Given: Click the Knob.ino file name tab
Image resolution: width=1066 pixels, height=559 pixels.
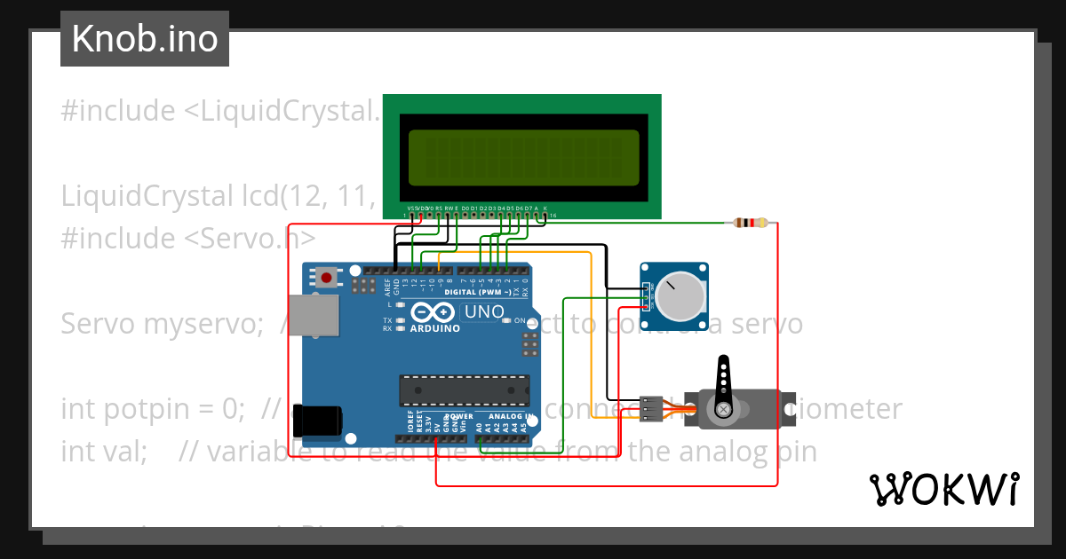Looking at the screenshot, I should [144, 39].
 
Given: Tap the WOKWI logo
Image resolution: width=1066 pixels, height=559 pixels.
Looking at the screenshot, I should [943, 489].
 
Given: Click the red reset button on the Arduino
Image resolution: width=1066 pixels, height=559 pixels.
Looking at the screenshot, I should [327, 278].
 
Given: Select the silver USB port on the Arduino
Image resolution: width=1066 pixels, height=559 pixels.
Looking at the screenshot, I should [317, 316].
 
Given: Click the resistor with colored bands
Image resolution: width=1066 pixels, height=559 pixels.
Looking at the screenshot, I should [752, 224].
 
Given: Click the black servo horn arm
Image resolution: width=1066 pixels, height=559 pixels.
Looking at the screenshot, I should [724, 382].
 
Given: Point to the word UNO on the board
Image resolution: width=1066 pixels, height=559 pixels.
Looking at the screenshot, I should [485, 312].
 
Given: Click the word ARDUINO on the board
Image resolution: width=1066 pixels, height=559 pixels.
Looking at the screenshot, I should [435, 328].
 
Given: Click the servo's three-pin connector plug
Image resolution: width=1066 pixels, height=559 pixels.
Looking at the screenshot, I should [652, 408].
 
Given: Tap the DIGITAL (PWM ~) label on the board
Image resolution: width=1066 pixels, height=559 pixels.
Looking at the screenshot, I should [476, 292].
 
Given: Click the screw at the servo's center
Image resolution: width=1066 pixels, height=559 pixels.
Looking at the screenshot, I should [724, 409].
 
